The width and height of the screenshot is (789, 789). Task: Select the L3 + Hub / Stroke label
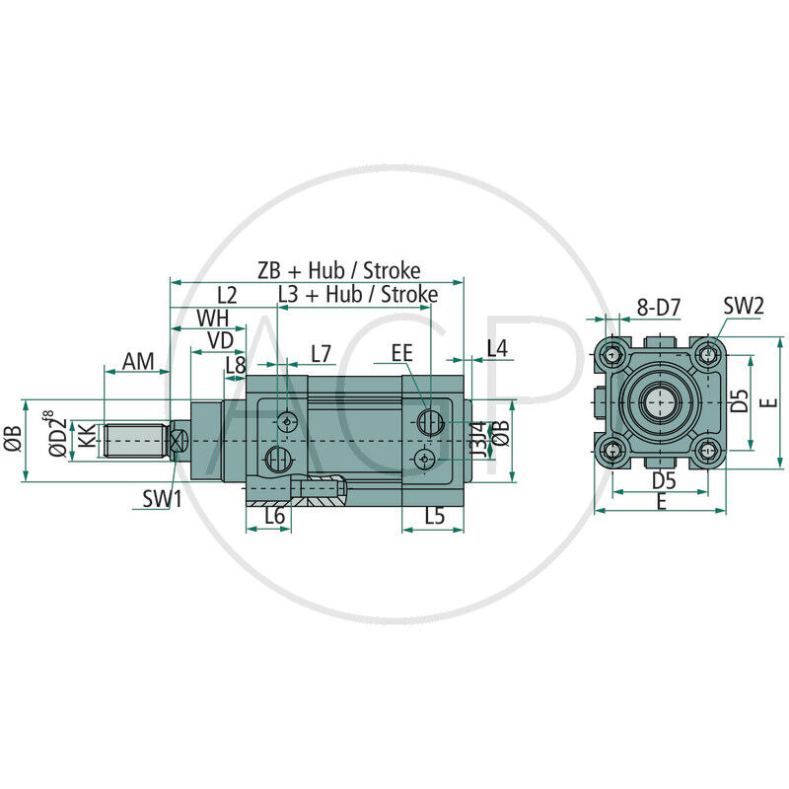357,294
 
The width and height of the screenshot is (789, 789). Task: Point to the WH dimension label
214,318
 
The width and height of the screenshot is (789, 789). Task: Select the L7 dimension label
322,353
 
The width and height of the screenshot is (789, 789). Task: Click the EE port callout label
401,353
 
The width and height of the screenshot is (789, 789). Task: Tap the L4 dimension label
497,348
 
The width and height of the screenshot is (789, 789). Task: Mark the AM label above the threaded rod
137,362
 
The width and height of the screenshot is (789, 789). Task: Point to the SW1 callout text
162,499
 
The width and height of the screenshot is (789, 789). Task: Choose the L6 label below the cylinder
274,515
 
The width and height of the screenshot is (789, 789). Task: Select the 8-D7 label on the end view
658,308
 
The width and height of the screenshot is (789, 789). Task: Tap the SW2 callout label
744,306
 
